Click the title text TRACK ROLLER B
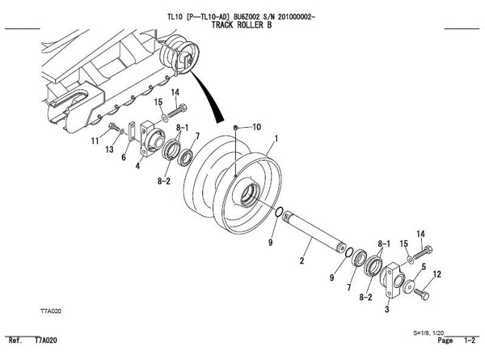242,25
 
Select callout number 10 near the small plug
257,127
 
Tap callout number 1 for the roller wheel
276,138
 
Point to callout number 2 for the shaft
302,260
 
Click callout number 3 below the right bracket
386,309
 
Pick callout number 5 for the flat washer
424,266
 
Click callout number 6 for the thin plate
124,157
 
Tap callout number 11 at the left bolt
95,141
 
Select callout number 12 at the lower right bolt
437,274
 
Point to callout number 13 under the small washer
109,150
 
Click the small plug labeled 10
235,127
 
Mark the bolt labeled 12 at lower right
421,294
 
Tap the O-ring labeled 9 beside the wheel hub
279,212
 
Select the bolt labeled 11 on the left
114,126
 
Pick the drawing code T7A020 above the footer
51,311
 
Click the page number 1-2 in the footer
469,341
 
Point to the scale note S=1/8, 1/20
428,333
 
